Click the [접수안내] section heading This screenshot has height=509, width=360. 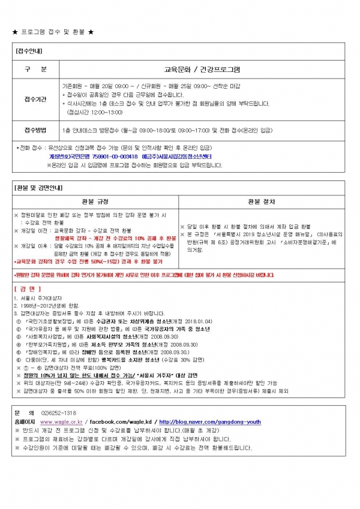28,51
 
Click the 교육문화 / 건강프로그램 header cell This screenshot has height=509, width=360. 202,69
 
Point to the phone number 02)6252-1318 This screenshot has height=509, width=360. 58,413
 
